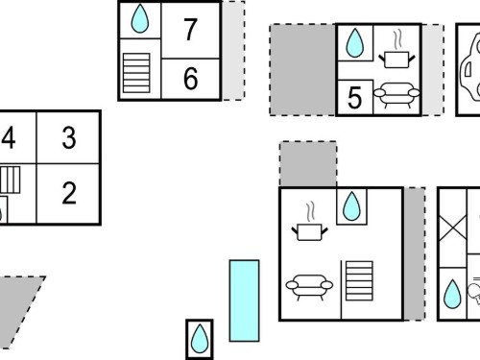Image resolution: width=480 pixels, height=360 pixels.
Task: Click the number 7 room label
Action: click(190, 30)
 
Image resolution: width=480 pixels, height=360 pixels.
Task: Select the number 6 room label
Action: click(190, 79)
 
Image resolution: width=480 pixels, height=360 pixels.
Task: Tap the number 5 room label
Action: click(354, 98)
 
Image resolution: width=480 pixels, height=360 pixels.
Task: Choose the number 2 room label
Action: click(69, 193)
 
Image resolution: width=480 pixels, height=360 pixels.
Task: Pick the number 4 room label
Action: click(9, 138)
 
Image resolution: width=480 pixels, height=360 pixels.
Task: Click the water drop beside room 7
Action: click(140, 18)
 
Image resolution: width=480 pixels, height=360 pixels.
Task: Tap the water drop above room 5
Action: click(355, 43)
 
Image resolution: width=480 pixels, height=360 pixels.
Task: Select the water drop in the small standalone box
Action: click(200, 339)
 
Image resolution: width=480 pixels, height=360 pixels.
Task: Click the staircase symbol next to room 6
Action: click(136, 73)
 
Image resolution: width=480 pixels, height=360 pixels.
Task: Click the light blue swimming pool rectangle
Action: click(244, 300)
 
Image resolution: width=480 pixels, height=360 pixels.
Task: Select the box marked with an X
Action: click(452, 228)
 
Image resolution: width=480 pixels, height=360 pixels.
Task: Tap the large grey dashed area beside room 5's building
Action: click(302, 69)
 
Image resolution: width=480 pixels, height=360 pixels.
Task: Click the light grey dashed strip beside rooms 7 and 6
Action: click(233, 51)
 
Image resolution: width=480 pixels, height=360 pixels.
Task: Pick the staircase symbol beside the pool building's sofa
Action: click(359, 281)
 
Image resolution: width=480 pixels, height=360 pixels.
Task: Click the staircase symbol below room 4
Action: click(11, 180)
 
